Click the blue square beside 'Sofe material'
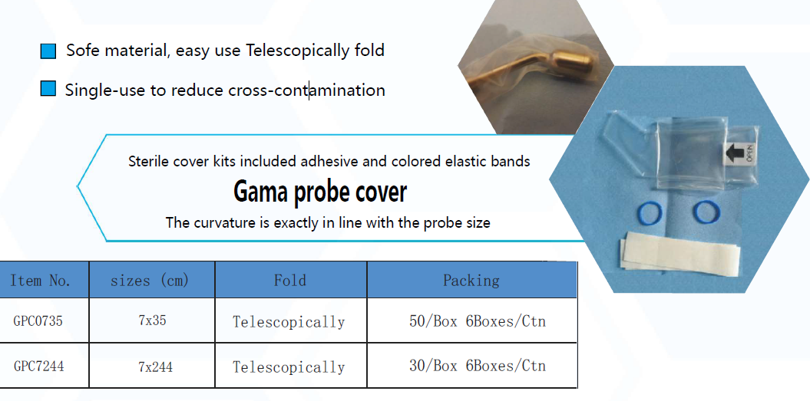click(48, 51)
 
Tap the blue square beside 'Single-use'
click(48, 89)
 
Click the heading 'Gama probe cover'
click(320, 192)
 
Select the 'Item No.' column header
click(40, 280)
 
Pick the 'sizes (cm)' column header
click(150, 280)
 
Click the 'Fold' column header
click(290, 280)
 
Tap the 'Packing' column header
click(471, 280)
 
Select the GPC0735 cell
click(38, 321)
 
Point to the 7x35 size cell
click(152, 320)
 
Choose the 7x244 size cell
click(156, 366)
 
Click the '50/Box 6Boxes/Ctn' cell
click(478, 321)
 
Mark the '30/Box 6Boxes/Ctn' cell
click(478, 366)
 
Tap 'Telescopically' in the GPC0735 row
click(289, 322)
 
